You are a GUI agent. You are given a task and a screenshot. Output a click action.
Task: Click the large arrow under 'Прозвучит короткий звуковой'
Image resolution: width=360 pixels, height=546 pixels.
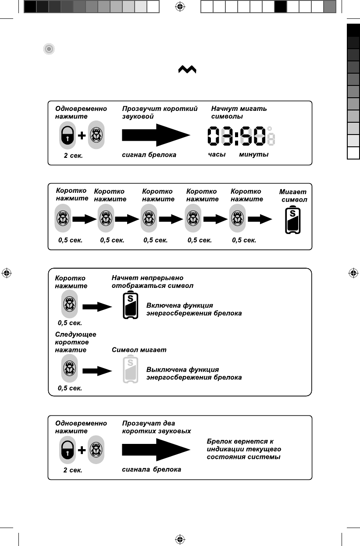156,135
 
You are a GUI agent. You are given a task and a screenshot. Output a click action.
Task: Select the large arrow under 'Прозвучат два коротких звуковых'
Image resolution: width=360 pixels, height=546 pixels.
156,450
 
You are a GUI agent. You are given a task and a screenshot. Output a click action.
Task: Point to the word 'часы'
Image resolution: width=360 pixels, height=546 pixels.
217,155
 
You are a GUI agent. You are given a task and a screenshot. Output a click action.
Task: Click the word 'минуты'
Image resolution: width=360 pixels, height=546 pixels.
254,155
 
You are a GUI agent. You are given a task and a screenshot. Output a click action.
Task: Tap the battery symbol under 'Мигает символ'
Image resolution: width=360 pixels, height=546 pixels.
292,221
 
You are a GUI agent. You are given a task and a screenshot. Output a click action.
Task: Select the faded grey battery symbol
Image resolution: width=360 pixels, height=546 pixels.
130,370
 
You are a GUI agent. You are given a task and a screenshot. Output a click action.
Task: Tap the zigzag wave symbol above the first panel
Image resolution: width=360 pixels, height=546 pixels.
187,71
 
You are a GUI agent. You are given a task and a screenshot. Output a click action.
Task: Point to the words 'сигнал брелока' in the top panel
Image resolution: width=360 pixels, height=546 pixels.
149,155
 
